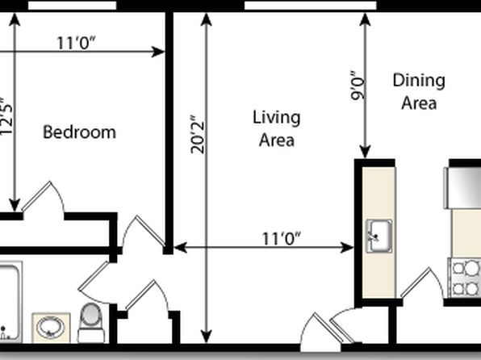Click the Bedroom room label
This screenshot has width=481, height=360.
click(79, 132)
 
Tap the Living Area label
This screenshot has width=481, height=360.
click(276, 128)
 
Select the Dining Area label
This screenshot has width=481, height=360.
click(419, 91)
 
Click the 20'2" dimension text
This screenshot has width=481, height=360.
click(197, 135)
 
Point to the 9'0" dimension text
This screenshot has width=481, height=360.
click(358, 86)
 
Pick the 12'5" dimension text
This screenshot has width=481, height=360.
click(6, 116)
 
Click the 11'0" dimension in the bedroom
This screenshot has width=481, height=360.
click(77, 43)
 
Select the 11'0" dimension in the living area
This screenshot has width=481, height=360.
click(282, 238)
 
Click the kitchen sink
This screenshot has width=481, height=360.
click(379, 236)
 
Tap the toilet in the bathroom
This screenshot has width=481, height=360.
click(91, 323)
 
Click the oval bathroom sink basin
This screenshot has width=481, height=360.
click(51, 328)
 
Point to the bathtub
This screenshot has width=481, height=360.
click(10, 302)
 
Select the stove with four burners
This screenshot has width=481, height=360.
click(465, 278)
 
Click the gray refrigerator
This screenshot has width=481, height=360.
click(462, 188)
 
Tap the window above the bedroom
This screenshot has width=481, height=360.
click(73, 5)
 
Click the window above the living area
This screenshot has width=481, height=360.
click(311, 5)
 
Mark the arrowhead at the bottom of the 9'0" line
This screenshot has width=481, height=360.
click(365, 153)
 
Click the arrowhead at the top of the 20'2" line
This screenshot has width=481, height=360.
click(207, 19)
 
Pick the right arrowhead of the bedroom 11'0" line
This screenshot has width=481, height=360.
click(159, 52)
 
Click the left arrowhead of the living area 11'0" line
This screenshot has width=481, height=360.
click(181, 247)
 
